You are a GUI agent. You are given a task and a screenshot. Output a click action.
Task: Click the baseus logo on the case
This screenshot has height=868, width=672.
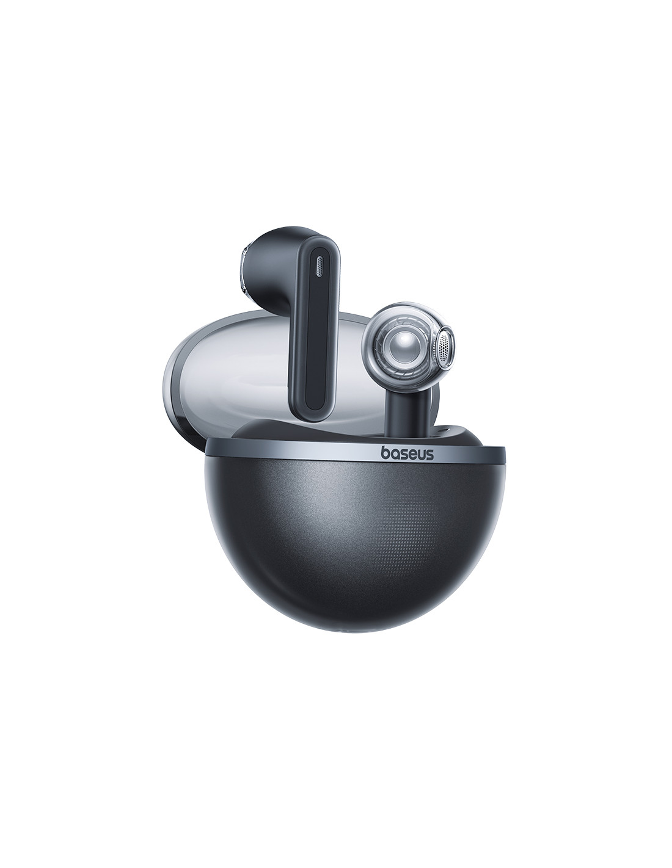point(407,454)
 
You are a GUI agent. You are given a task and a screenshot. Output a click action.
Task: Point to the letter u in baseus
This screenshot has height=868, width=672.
point(421,455)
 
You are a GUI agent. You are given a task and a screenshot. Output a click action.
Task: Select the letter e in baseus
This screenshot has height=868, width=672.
point(412,455)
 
